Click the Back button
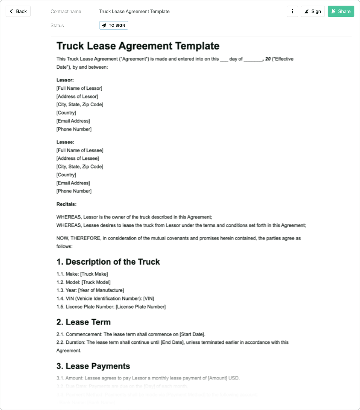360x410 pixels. coord(18,11)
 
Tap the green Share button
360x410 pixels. coord(341,11)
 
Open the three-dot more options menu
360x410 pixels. coord(292,11)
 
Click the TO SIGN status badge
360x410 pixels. coord(114,25)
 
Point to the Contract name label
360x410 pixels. coord(66,11)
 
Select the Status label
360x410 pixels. coord(57,25)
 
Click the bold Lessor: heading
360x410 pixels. coord(65,80)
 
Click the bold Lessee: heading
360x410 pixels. coord(65,142)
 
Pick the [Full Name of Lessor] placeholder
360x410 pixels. coord(79,88)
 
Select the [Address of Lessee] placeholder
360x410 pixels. coord(78,158)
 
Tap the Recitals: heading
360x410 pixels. coord(66,204)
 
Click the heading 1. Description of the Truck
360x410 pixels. coord(108,262)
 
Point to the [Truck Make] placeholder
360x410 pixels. coord(94,274)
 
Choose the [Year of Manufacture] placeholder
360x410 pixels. coord(101,290)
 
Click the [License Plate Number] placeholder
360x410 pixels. coord(141,307)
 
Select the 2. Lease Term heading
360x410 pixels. coord(84,322)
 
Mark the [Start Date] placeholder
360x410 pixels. coord(192,334)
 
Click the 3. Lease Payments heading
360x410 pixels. coord(93,366)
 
